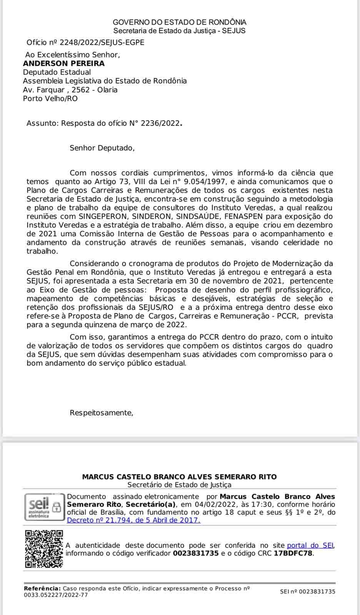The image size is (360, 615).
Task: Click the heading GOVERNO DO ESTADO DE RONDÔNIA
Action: coord(180,22)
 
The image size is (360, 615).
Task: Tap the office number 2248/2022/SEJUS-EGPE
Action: coord(102,43)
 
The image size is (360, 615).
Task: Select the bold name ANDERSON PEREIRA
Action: coord(64,63)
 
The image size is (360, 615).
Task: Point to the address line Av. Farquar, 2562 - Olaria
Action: coord(70,90)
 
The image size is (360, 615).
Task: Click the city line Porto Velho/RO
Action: coord(50,99)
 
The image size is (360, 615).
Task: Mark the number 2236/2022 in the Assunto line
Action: coord(160,123)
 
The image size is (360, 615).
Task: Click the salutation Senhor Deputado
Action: coord(102,148)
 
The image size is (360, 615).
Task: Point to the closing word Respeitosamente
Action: coord(101,413)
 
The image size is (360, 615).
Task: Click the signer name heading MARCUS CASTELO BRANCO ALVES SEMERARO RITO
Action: coord(180,477)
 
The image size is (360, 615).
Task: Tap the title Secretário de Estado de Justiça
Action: coord(180,485)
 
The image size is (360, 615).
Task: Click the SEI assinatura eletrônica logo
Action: coord(43,507)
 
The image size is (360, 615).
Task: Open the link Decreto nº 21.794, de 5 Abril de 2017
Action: coord(133,520)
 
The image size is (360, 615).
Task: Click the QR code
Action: coord(44,549)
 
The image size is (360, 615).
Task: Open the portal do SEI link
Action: coord(310,545)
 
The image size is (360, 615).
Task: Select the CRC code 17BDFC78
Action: coord(293,553)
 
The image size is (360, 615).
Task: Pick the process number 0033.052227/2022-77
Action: coord(56,595)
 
